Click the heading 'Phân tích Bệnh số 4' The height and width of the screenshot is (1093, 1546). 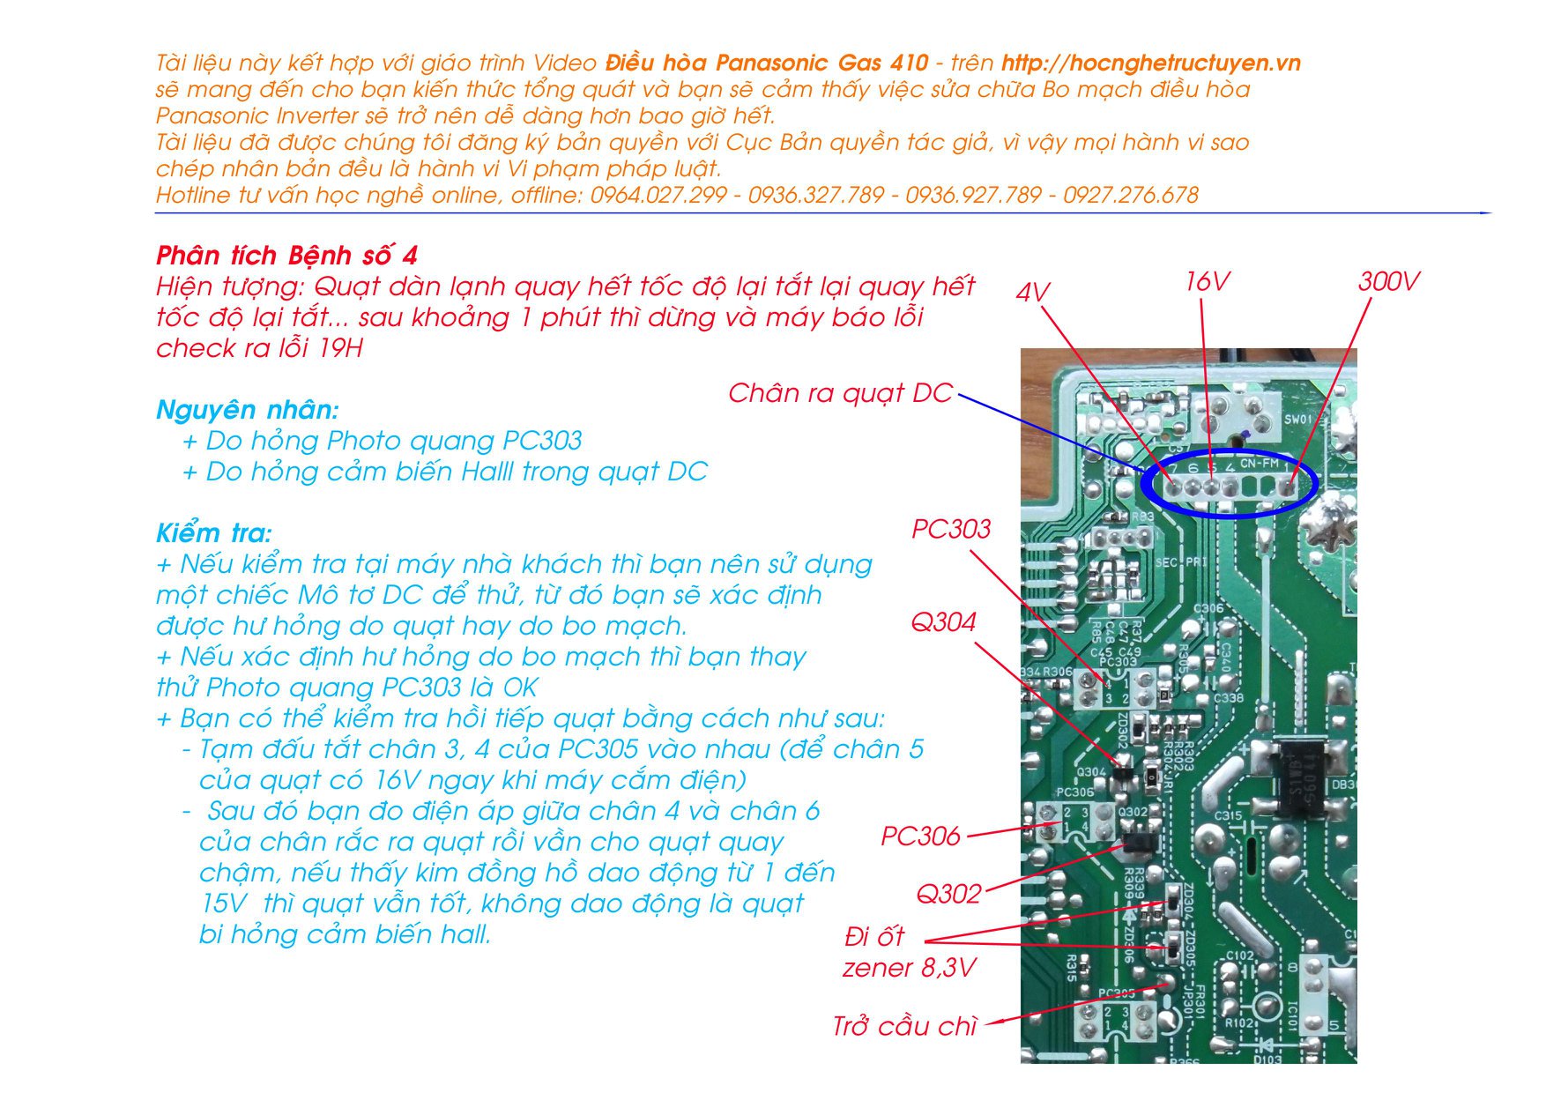coord(286,256)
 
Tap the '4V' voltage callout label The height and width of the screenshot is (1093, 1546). coord(1032,293)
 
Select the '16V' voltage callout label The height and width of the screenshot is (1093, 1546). coord(1207,281)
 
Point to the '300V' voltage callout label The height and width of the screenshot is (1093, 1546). coord(1388,281)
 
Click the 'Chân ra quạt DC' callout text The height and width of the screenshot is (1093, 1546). coord(840,393)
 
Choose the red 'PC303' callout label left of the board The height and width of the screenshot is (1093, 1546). coord(950,529)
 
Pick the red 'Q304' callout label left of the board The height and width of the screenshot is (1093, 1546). coord(943,622)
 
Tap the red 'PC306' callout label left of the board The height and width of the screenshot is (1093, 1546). coord(920,836)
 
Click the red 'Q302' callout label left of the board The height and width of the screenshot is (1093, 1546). coord(948,894)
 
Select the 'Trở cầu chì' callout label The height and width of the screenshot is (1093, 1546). coord(904,1026)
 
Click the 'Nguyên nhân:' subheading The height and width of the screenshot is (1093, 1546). coord(247,410)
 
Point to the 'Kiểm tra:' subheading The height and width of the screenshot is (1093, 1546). coord(214,533)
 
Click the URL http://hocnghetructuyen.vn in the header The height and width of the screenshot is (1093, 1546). coord(1150,63)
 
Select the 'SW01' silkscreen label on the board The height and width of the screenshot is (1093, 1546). coord(1297,420)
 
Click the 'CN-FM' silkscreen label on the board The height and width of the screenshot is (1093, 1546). coord(1259,463)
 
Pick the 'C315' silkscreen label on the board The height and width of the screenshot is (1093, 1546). coord(1228,815)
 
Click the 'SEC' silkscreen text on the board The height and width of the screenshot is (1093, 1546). coord(1165,562)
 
